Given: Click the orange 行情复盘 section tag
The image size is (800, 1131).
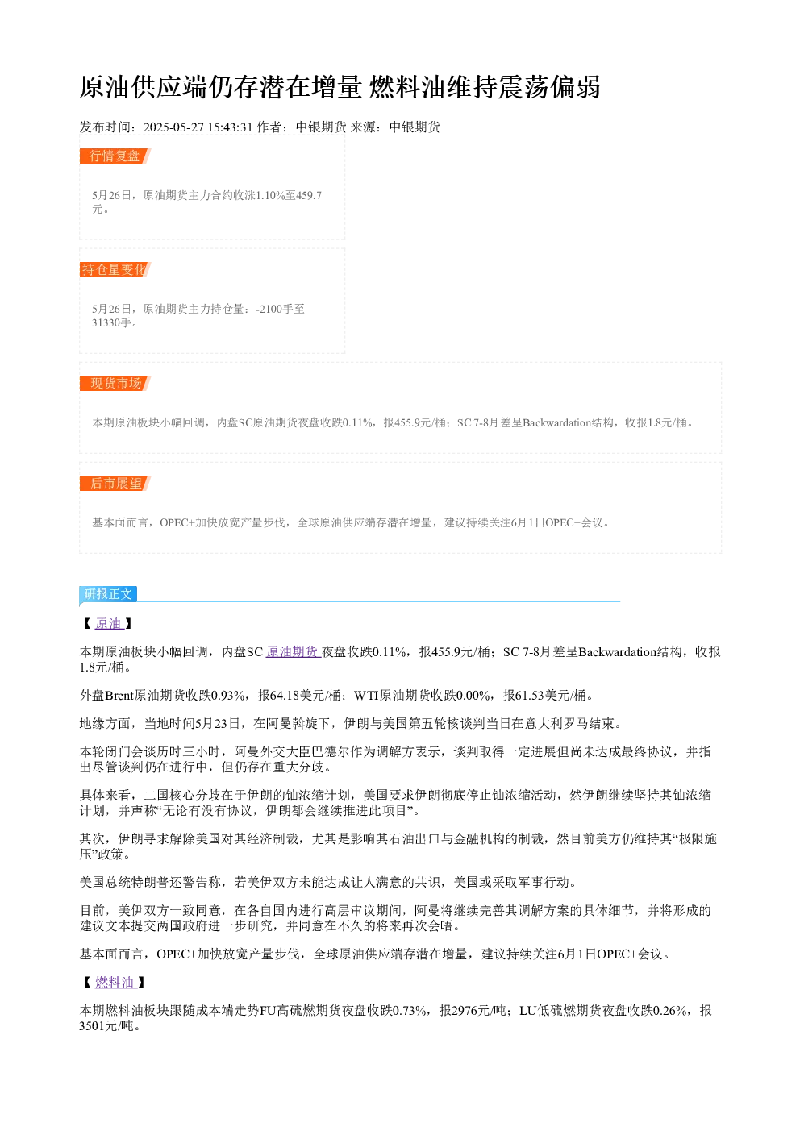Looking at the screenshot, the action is (x=115, y=156).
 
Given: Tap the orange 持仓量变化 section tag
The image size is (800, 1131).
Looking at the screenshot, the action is (x=115, y=269).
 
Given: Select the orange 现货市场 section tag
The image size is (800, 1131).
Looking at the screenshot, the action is (x=115, y=383).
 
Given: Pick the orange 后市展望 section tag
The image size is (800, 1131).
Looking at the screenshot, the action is (x=115, y=483).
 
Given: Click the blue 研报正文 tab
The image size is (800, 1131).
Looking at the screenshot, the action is (x=108, y=594).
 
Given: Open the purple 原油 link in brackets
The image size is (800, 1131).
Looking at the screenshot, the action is (x=109, y=624).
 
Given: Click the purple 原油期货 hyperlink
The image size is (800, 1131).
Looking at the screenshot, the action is (x=293, y=652).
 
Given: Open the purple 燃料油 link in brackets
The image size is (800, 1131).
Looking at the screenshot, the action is (x=115, y=982).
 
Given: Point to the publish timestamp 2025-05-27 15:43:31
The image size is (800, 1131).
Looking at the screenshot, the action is (x=198, y=127).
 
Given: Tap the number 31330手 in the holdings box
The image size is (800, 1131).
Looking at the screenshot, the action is (x=111, y=322).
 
